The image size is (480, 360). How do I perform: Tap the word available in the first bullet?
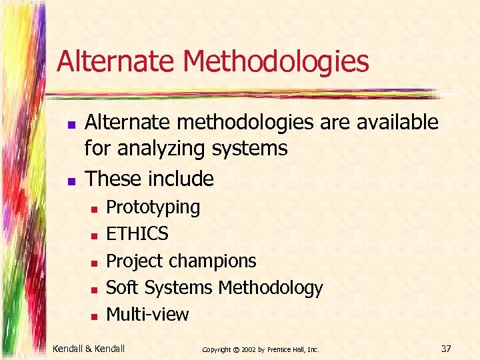click(398, 123)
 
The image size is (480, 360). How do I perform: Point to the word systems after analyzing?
click(250, 149)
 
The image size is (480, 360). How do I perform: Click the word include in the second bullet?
click(181, 179)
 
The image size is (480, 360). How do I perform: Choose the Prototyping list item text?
click(153, 207)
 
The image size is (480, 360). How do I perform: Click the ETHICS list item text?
click(137, 234)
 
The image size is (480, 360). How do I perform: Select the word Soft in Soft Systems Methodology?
click(121, 287)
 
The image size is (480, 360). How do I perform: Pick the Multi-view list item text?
click(147, 314)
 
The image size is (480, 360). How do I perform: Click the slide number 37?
click(447, 349)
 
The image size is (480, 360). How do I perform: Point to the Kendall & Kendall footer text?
click(89, 349)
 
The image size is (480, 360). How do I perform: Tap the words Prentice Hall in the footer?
click(291, 349)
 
